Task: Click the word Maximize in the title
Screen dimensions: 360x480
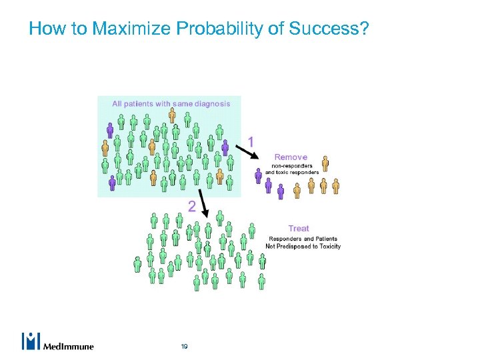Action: click(x=119, y=29)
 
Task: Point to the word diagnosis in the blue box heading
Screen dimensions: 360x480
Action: click(x=208, y=103)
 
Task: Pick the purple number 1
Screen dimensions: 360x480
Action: click(x=251, y=141)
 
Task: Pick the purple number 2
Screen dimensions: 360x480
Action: click(x=192, y=207)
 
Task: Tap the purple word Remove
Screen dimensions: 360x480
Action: click(x=291, y=157)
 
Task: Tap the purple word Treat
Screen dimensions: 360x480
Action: click(x=299, y=229)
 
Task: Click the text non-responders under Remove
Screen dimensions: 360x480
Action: click(x=291, y=165)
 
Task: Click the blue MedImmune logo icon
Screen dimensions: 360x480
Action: click(x=31, y=341)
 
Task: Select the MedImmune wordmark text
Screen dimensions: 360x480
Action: click(x=68, y=346)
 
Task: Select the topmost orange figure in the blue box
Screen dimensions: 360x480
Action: click(x=172, y=115)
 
